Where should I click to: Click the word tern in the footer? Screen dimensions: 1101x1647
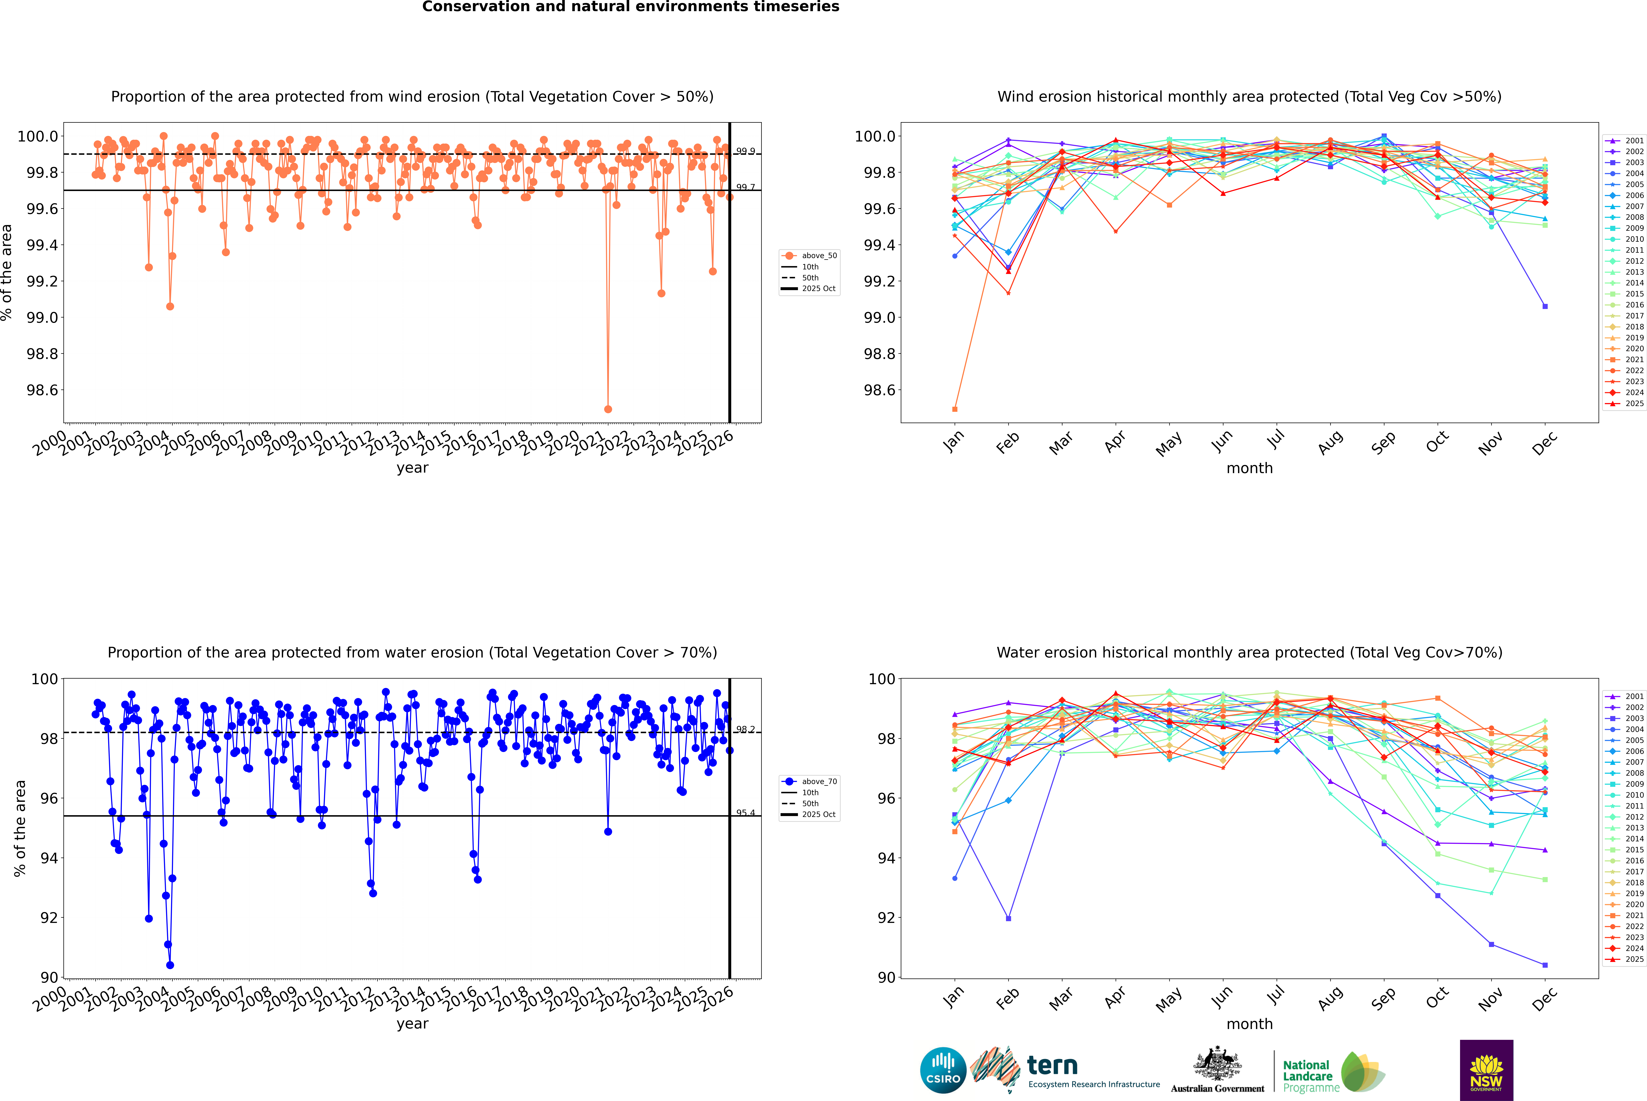click(1052, 1065)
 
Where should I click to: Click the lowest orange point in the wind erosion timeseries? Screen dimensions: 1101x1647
click(608, 409)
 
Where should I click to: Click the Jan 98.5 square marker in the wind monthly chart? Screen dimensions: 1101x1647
click(955, 409)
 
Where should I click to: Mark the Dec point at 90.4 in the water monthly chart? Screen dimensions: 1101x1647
click(1545, 965)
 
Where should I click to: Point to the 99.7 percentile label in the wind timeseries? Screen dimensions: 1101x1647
click(746, 188)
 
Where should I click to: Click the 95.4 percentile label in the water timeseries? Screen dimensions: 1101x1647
click(746, 813)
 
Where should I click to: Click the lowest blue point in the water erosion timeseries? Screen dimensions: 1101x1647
click(170, 965)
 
